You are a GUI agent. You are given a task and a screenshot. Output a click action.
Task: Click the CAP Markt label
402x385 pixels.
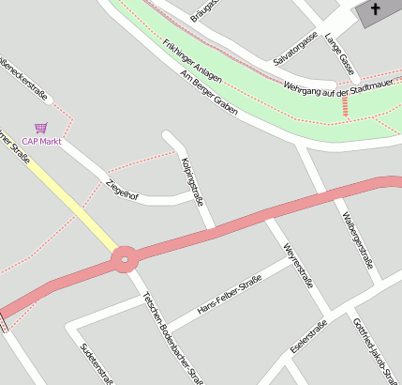click(x=42, y=142)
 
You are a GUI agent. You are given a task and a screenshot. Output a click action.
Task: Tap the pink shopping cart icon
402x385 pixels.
click(x=40, y=127)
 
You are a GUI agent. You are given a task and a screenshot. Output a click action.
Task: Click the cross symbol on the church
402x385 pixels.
click(x=376, y=9)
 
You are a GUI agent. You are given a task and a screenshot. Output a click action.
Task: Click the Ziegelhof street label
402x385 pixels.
click(x=123, y=190)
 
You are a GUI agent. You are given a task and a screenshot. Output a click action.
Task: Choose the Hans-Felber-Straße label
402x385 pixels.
click(x=230, y=296)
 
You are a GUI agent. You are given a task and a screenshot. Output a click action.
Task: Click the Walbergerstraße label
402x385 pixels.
click(x=358, y=241)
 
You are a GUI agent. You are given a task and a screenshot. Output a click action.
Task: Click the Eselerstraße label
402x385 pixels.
click(x=308, y=336)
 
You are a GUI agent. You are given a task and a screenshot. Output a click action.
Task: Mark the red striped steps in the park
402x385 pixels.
click(x=347, y=107)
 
